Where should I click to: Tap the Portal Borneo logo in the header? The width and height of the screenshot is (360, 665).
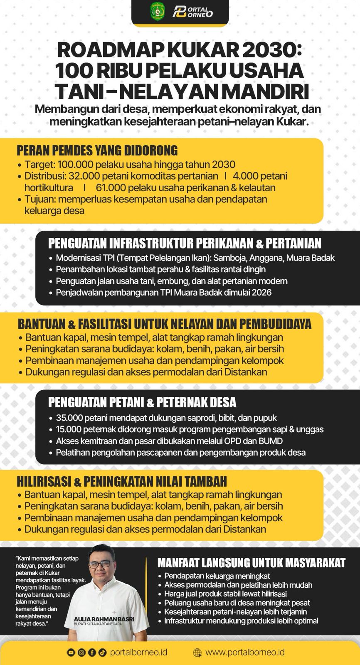tap(193, 11)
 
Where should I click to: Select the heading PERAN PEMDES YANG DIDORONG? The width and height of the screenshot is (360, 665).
tap(97, 150)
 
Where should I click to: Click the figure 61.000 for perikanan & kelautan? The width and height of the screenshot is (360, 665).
tap(110, 187)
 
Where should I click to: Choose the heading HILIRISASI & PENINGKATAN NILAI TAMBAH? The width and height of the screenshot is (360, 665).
tap(122, 481)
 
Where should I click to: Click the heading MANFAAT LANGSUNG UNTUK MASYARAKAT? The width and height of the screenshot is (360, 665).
tap(251, 563)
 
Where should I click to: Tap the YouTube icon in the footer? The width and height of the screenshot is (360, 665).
tap(71, 653)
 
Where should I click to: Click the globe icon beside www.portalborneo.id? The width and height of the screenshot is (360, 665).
tap(197, 653)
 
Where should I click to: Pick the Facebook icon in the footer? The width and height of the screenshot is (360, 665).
tap(92, 653)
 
